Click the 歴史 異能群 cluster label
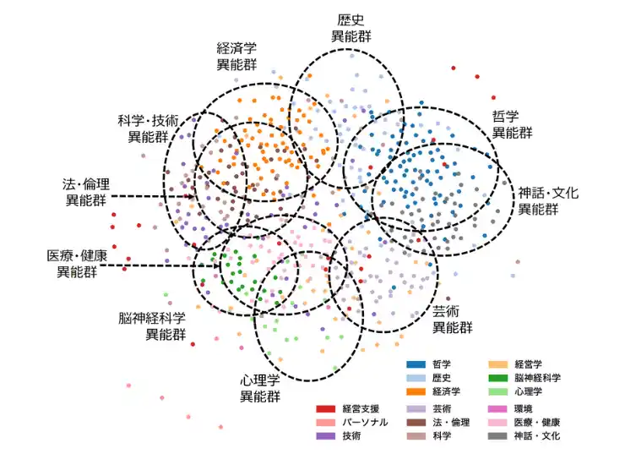(351, 29)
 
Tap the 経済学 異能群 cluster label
(236, 57)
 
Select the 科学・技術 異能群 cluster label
(148, 129)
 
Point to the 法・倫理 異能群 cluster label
(86, 192)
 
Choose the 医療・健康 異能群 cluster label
(77, 264)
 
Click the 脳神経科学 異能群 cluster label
(152, 326)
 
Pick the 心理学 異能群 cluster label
(260, 388)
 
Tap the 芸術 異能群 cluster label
(453, 320)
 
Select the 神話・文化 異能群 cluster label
(548, 200)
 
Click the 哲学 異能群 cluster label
(512, 124)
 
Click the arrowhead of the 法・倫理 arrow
(191, 196)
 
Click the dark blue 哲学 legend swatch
(416, 364)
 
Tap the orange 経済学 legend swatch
(416, 391)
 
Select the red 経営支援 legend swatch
(326, 409)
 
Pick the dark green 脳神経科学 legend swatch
(498, 378)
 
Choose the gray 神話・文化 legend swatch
(498, 436)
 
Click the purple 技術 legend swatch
(326, 436)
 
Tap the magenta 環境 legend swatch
(498, 409)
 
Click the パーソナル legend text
(365, 423)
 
